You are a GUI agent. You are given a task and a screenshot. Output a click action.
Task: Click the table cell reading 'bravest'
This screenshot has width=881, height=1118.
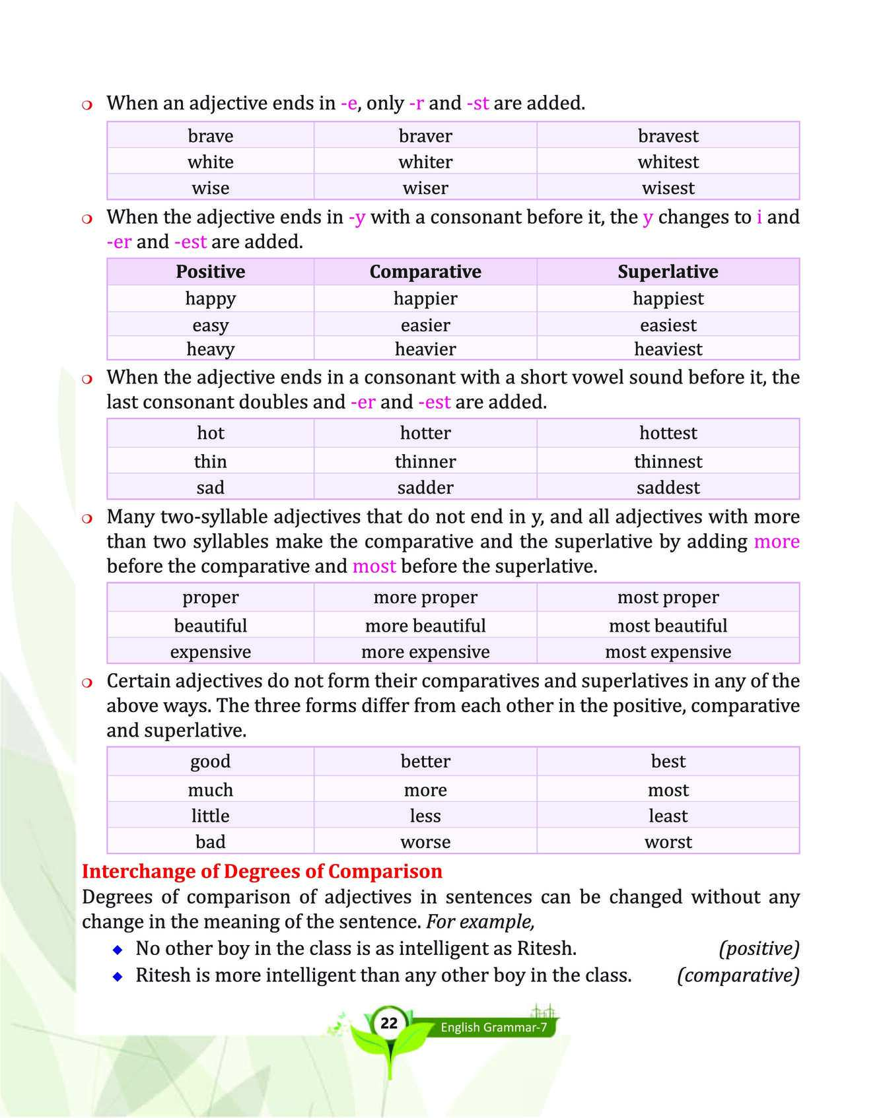click(x=668, y=136)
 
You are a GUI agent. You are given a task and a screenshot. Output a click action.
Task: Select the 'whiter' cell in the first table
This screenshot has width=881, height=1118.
click(x=425, y=162)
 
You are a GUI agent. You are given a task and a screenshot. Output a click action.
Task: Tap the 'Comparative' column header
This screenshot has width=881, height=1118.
click(x=425, y=272)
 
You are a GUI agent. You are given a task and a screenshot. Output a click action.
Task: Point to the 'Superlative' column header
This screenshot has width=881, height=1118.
click(x=668, y=272)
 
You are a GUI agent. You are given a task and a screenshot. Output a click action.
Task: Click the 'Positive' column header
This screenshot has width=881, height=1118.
click(x=210, y=272)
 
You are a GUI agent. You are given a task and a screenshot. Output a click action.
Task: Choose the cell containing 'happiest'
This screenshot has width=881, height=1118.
click(x=668, y=298)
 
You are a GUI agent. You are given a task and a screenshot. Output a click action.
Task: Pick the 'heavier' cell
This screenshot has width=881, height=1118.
click(x=425, y=349)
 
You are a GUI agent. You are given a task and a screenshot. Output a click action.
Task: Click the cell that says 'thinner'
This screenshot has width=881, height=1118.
click(x=425, y=461)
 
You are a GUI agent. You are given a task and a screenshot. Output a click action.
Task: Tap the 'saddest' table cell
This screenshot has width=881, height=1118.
click(x=668, y=488)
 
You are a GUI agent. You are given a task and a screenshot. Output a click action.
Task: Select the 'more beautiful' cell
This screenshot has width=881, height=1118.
click(x=425, y=626)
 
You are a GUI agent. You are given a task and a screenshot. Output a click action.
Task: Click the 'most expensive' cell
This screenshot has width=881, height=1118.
click(x=668, y=652)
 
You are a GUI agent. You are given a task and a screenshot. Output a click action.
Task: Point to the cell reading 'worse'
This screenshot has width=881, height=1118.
click(x=425, y=842)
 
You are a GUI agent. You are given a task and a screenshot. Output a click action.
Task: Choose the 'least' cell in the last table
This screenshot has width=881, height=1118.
click(x=668, y=816)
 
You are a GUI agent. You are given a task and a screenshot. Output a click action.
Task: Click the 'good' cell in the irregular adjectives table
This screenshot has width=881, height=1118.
click(x=210, y=762)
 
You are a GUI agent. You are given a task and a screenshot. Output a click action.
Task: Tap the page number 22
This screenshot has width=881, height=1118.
click(x=389, y=1023)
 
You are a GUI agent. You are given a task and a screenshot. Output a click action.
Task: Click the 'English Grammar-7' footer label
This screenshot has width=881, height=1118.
click(x=493, y=1028)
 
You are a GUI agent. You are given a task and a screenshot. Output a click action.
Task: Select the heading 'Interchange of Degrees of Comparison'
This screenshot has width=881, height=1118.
click(x=262, y=871)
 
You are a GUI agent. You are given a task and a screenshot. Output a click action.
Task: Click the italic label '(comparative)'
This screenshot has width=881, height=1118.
click(x=738, y=975)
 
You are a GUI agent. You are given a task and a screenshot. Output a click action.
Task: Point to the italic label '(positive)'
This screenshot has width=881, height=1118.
click(x=759, y=949)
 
